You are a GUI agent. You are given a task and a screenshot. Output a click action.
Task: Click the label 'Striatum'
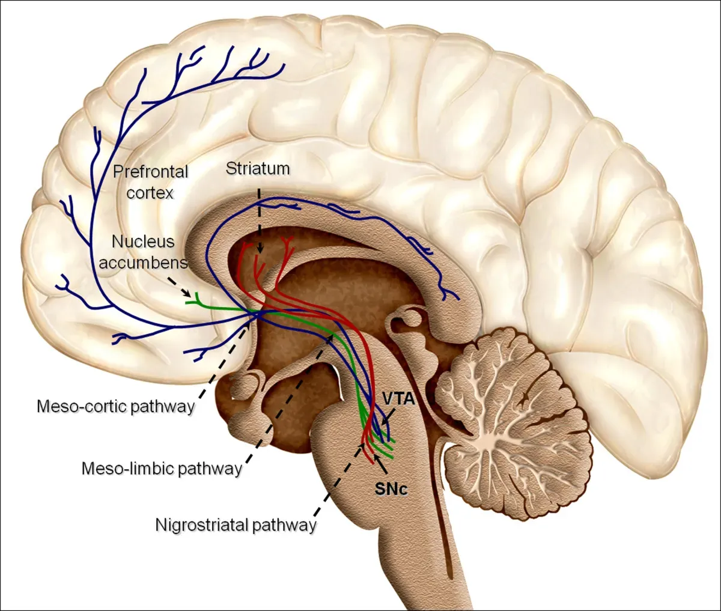258,169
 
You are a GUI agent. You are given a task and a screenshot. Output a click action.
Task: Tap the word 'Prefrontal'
151,172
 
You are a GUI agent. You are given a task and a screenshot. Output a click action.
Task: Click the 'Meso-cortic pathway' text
116,407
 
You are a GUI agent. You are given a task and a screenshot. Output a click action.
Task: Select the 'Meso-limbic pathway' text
162,469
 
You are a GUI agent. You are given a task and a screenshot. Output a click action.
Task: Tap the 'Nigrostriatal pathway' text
236,525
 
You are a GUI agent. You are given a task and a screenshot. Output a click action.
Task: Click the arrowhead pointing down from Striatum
260,248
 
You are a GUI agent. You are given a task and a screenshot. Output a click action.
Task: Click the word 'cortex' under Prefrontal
150,193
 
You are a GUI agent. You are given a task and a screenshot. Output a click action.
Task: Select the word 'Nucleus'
143,242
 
